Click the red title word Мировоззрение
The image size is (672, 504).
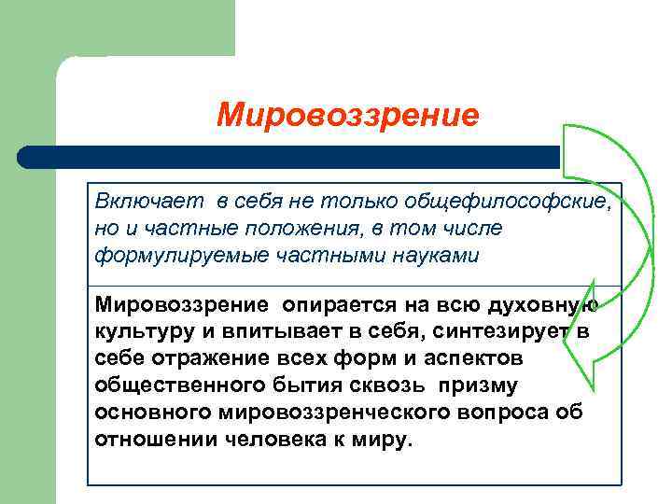tap(348, 116)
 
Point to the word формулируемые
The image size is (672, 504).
tap(175, 255)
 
